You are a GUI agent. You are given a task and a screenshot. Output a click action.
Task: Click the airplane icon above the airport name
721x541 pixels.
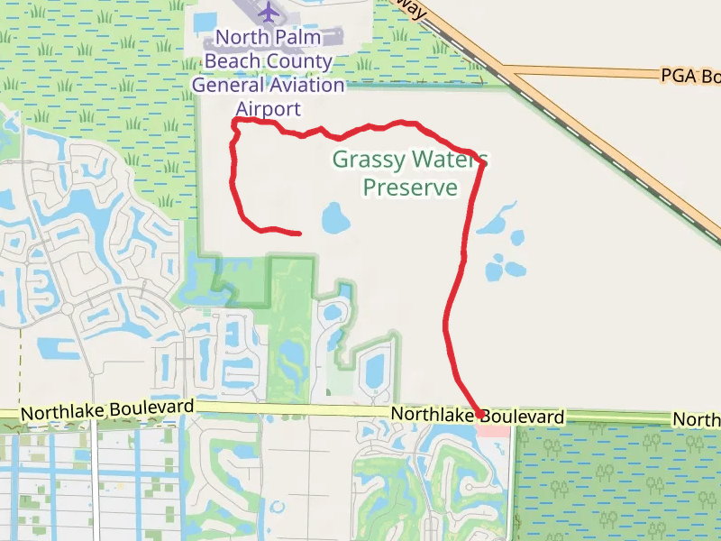tap(269, 12)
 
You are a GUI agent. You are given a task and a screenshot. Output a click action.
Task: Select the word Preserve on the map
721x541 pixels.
tap(410, 188)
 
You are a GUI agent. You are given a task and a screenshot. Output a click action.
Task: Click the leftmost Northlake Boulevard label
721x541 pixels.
tap(107, 410)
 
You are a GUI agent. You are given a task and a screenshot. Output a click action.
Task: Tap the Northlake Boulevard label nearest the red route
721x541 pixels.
tap(478, 417)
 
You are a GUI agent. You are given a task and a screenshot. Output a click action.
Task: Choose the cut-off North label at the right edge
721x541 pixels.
tap(698, 420)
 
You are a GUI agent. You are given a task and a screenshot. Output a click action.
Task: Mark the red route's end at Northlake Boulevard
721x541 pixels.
tap(479, 414)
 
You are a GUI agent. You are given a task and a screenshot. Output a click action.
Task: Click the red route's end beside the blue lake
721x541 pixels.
tap(299, 234)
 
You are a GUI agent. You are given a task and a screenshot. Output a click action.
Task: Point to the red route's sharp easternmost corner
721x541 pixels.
tap(485, 163)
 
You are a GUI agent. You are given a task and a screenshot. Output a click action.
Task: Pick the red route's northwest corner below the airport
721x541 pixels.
tap(235, 121)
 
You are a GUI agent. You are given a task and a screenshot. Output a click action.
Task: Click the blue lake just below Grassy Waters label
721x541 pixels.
tap(334, 217)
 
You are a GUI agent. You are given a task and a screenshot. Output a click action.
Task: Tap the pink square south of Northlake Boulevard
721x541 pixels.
tap(493, 429)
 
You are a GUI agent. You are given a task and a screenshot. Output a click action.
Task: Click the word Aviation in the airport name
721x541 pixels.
tap(306, 86)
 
